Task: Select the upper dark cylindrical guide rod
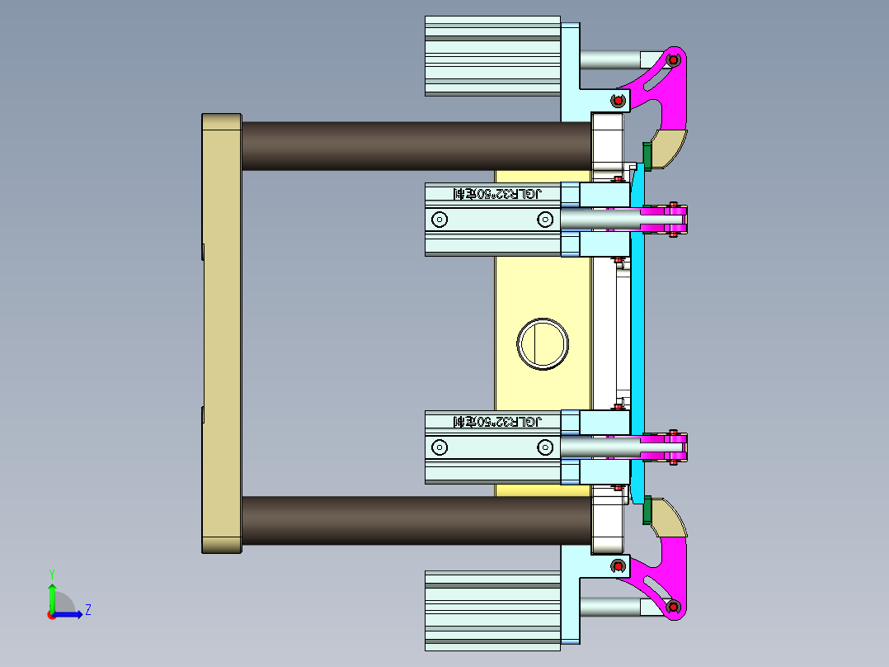pos(416,146)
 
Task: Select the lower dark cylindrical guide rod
pos(416,520)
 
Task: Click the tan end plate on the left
pos(221,333)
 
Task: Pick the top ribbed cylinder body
pos(492,55)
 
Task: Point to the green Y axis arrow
pos(51,594)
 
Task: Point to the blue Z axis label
pos(87,610)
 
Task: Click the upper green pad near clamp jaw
pos(647,154)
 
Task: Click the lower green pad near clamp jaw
pos(647,510)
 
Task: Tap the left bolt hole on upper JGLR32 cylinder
pos(440,220)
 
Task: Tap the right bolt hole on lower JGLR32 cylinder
pos(544,447)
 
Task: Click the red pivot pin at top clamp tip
pos(673,59)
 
